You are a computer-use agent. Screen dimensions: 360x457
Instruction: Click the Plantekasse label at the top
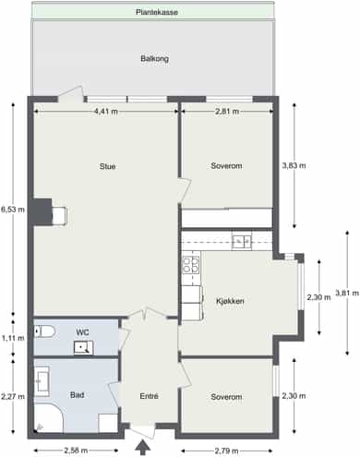click(x=157, y=12)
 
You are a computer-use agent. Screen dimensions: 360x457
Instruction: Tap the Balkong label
click(x=154, y=58)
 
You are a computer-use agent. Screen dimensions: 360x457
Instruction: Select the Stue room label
click(x=107, y=166)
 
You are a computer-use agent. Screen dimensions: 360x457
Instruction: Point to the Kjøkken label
click(x=230, y=301)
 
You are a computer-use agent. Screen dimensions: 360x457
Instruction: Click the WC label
click(x=82, y=332)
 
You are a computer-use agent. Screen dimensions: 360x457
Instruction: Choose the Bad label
click(x=77, y=395)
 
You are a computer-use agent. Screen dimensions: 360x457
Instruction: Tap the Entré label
click(x=149, y=396)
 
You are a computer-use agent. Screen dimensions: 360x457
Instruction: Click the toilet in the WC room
click(x=44, y=331)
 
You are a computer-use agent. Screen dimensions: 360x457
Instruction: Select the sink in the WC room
click(x=83, y=348)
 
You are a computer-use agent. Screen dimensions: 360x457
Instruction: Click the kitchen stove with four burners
click(x=191, y=265)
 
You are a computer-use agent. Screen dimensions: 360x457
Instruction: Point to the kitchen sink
click(x=242, y=241)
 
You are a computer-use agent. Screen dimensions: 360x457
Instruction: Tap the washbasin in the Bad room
click(x=42, y=381)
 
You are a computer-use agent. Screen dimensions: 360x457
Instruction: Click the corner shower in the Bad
click(x=48, y=418)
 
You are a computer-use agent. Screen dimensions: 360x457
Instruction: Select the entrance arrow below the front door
click(x=142, y=447)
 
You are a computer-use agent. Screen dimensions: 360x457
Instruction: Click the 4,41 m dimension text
click(x=106, y=112)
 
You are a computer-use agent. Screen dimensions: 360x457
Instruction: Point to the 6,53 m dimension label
click(x=13, y=210)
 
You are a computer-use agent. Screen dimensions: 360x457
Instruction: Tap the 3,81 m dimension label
click(x=347, y=293)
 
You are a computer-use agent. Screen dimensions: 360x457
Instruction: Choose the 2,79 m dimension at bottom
click(x=226, y=451)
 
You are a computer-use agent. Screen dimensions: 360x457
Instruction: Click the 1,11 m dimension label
click(x=13, y=338)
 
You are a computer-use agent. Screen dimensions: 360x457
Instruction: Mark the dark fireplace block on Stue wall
click(x=42, y=211)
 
